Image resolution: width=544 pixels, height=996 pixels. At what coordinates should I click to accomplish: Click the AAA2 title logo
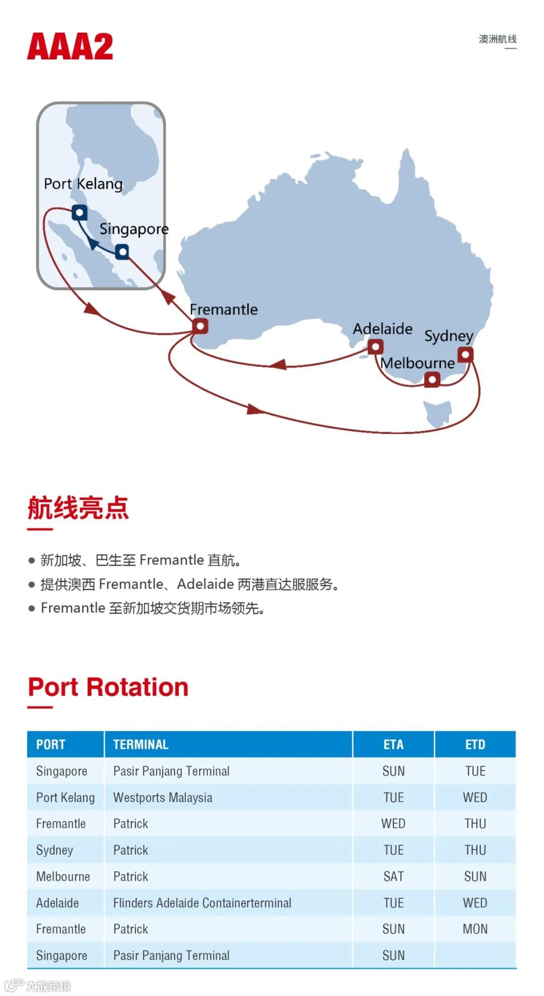click(70, 47)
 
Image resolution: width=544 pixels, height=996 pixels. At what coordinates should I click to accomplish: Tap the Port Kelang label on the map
click(83, 184)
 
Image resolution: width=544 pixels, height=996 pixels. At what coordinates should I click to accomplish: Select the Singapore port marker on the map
click(122, 251)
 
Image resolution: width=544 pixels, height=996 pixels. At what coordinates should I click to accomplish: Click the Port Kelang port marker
click(79, 212)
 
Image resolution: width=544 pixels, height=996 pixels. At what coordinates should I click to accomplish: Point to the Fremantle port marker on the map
click(200, 326)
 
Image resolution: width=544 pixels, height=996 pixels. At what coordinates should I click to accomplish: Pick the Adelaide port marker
click(375, 347)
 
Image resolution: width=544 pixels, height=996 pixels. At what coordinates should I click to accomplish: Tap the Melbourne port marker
click(432, 379)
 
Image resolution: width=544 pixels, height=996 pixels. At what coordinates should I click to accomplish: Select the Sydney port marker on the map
click(466, 354)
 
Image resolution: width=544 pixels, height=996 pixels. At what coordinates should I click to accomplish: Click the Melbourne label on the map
click(418, 363)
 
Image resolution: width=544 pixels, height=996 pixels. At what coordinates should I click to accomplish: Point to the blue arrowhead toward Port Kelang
click(93, 244)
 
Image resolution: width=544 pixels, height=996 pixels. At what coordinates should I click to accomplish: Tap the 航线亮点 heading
click(78, 508)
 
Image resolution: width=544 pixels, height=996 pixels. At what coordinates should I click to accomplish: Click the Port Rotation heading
click(108, 687)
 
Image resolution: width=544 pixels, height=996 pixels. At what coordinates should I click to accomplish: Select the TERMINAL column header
click(141, 744)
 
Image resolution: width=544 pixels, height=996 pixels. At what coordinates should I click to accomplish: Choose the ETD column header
click(475, 744)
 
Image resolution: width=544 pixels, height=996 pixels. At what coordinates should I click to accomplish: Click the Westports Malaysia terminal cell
click(163, 797)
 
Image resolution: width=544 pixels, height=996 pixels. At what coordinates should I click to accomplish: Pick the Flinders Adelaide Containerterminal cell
click(202, 903)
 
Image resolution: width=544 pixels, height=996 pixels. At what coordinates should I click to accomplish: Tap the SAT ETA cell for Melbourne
click(393, 876)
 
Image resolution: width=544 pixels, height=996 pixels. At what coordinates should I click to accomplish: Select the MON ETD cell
click(475, 929)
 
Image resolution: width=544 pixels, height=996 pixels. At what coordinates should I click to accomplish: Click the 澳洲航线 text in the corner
click(497, 39)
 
